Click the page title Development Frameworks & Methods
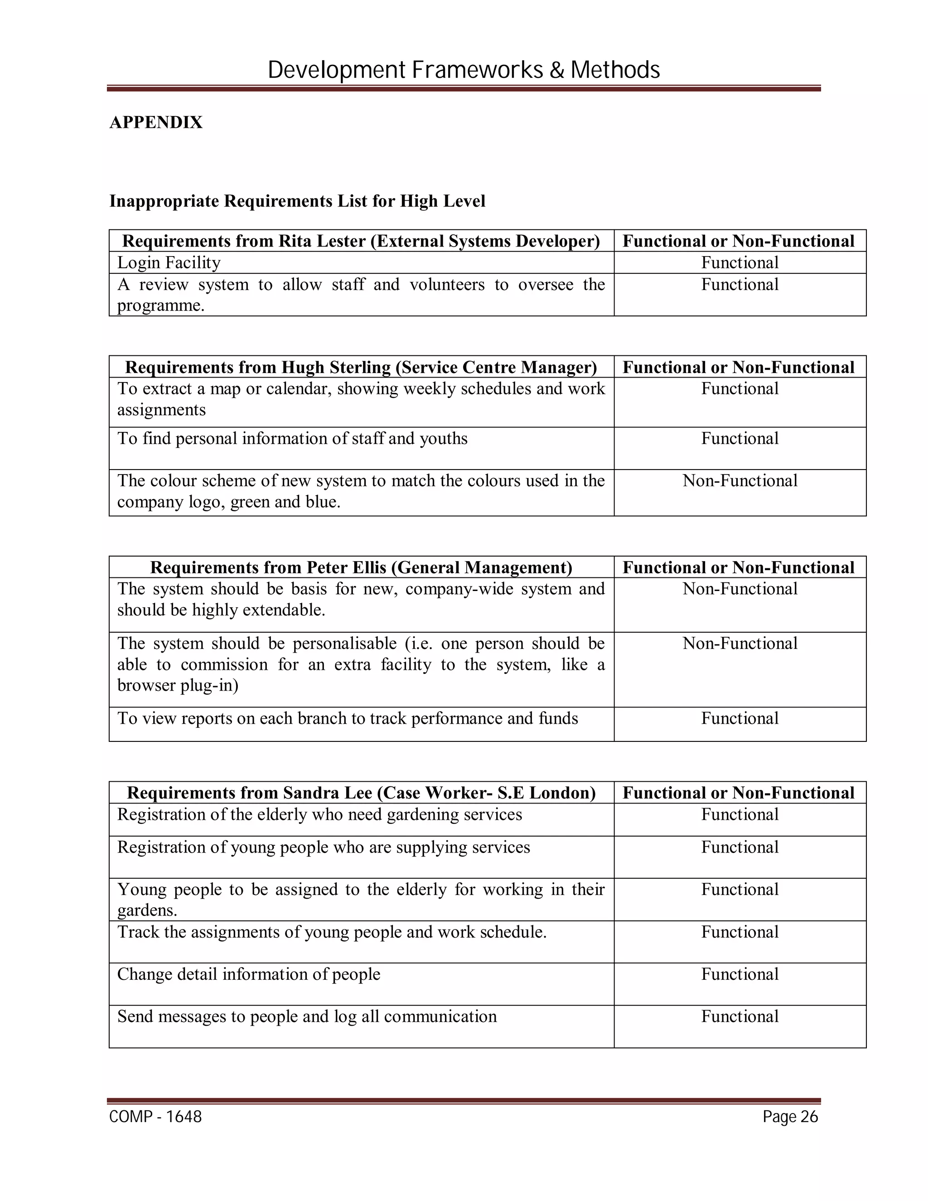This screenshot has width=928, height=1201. pos(464,70)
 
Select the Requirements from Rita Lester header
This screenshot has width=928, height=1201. pos(361,241)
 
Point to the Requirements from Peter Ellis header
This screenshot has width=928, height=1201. pos(361,567)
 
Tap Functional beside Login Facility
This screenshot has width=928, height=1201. pos(739,263)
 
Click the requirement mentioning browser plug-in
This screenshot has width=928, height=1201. pos(361,664)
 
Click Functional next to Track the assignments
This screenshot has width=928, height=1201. pos(739,932)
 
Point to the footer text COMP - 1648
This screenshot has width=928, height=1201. pos(155,1117)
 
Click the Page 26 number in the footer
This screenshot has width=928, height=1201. pos(790,1117)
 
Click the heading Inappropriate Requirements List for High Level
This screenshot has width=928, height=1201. pos(297,201)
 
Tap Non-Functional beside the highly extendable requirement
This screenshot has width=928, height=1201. pos(739,589)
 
